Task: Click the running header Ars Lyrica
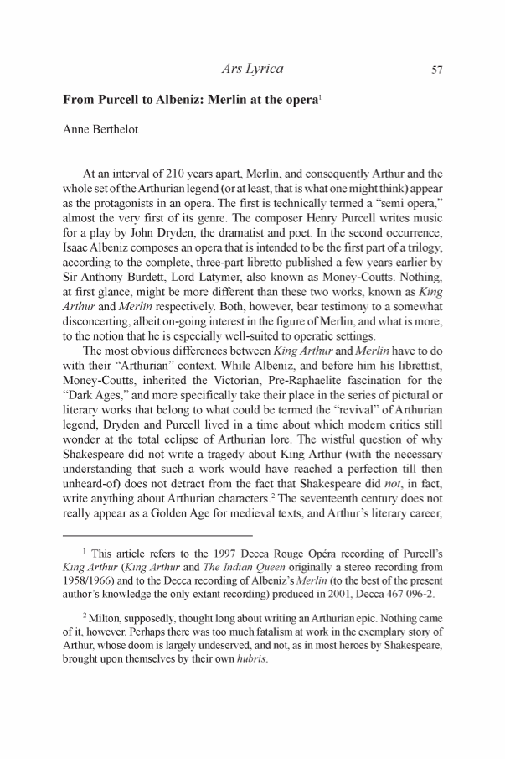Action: coord(250,69)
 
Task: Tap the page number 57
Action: coord(435,70)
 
